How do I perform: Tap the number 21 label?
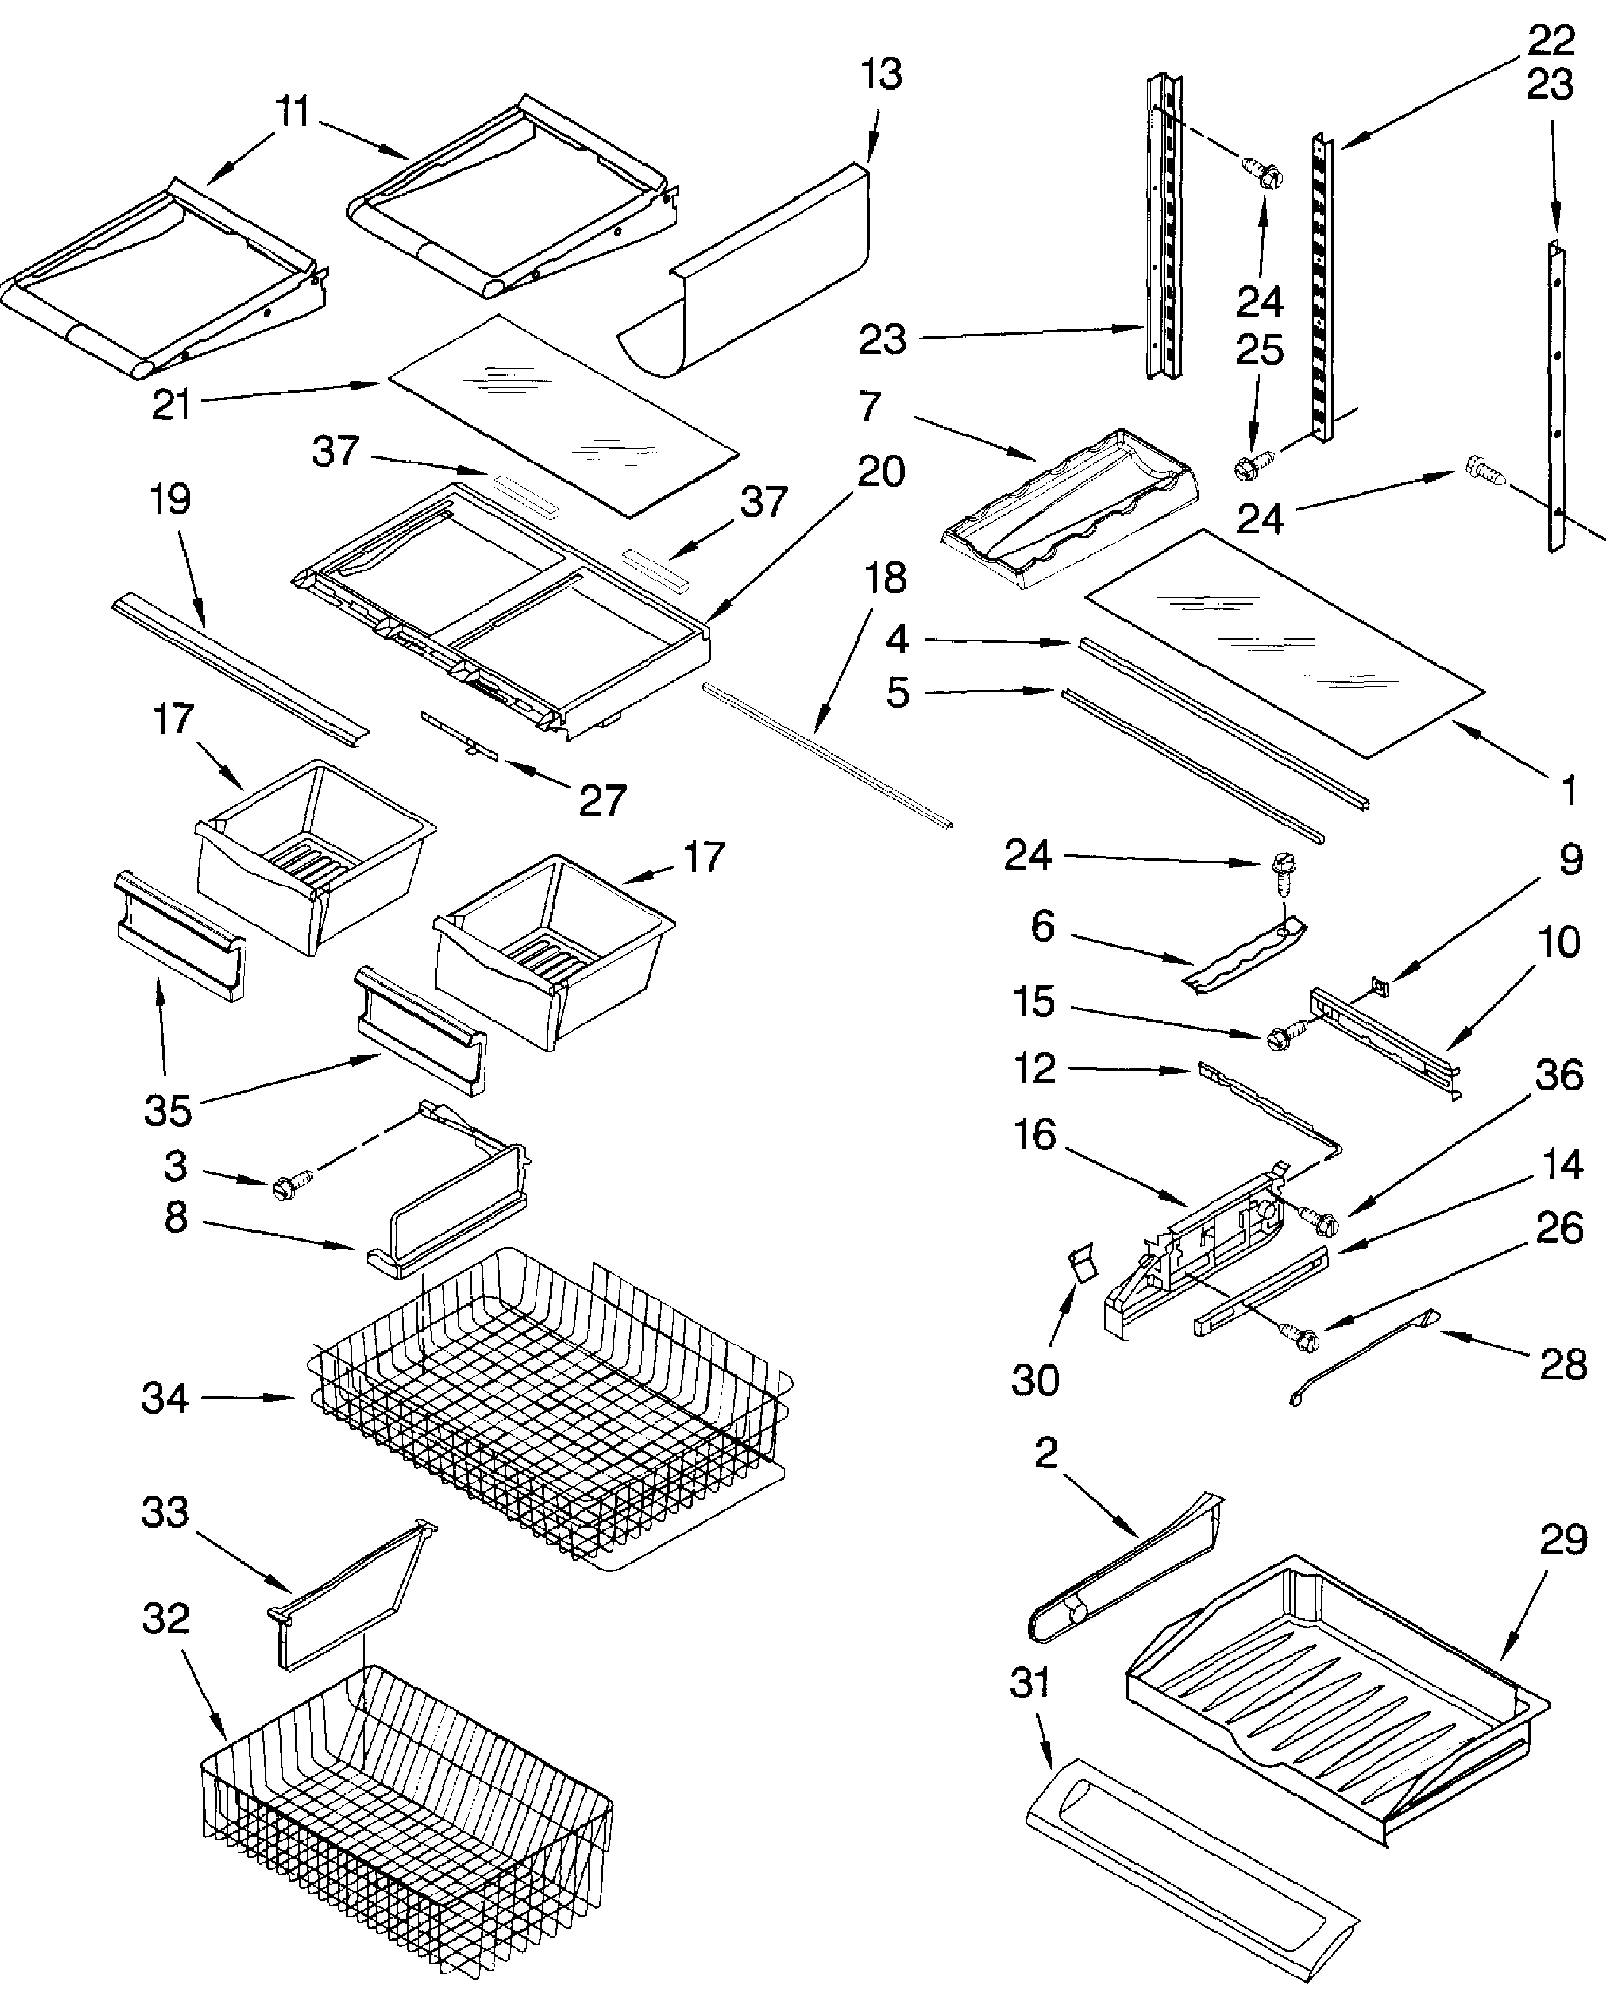click(172, 404)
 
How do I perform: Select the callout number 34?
click(165, 1397)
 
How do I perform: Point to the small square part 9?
click(1380, 984)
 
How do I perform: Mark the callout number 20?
click(881, 472)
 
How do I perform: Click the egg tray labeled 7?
click(1071, 513)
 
